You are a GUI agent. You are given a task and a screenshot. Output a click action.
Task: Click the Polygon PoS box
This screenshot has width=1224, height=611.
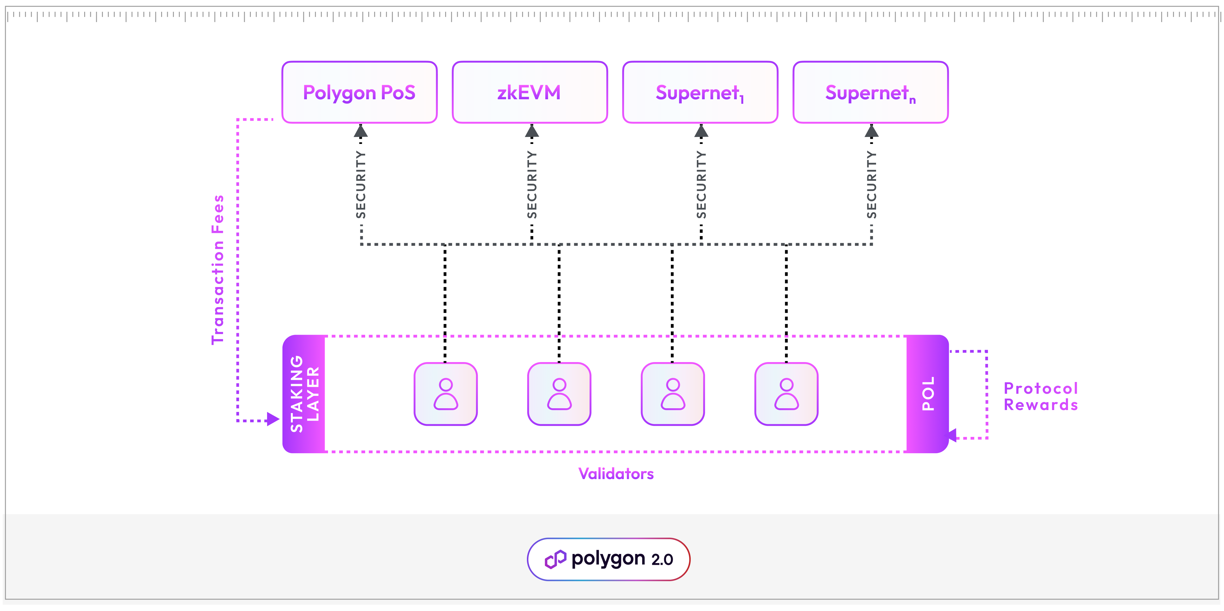(x=359, y=92)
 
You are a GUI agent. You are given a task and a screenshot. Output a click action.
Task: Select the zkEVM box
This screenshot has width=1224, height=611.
(x=529, y=92)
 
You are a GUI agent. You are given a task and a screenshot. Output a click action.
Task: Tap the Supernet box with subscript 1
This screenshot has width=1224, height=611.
(x=700, y=92)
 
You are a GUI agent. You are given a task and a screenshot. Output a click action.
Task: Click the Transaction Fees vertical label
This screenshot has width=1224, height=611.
(x=218, y=269)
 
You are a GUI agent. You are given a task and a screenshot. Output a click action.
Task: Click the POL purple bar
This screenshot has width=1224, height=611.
(x=927, y=393)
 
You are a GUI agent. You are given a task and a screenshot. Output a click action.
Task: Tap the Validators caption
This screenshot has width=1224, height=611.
(x=616, y=474)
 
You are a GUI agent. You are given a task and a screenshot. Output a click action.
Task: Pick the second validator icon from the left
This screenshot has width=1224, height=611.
(x=559, y=393)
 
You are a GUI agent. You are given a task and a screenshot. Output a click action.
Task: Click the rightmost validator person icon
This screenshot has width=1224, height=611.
(x=786, y=393)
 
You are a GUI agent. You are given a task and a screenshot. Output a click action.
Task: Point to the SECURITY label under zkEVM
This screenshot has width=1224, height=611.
(x=532, y=184)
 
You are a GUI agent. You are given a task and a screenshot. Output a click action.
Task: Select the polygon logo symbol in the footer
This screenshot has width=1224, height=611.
(x=555, y=559)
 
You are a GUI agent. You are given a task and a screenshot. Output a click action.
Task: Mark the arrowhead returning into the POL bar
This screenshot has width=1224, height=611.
(x=952, y=435)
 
